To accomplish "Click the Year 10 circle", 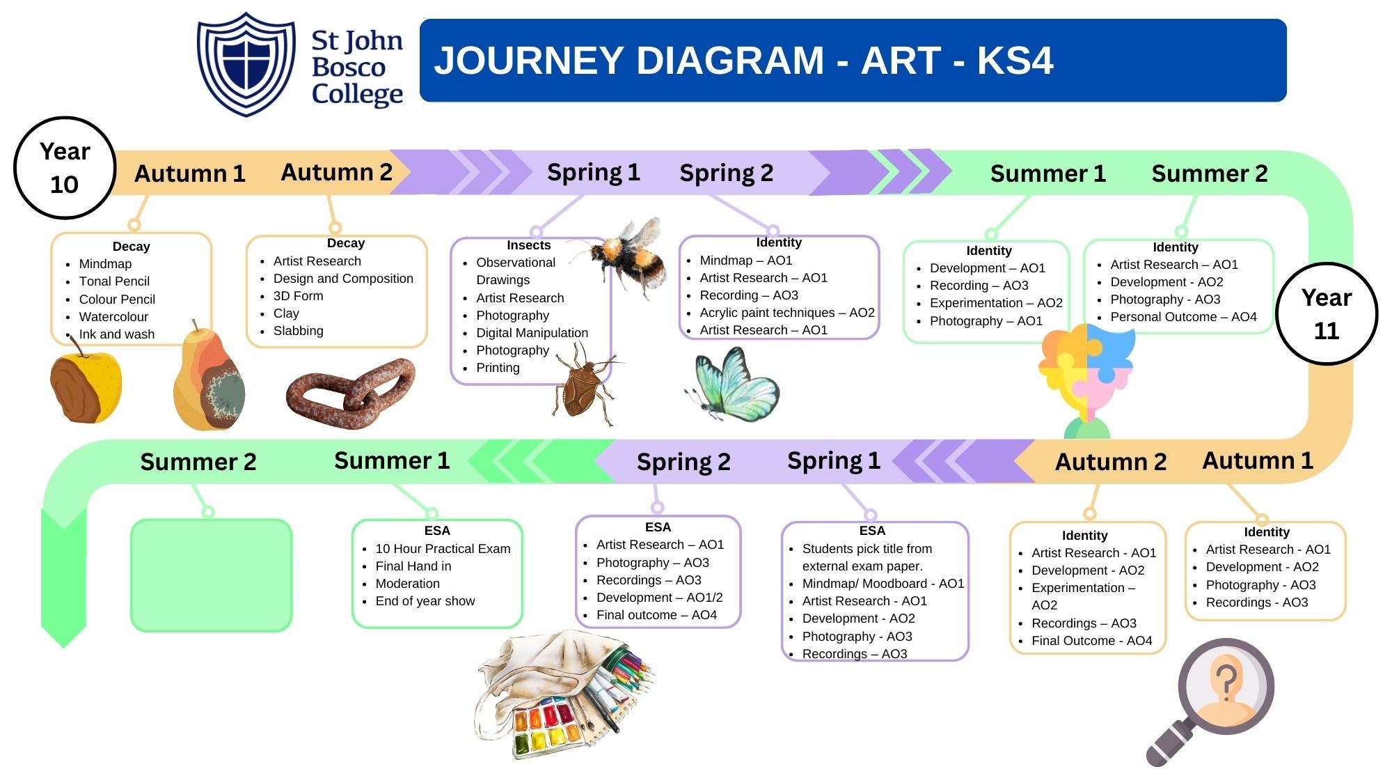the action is coord(65,168).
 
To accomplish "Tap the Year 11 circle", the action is coord(1327,313).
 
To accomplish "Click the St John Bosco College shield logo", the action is coord(246,63).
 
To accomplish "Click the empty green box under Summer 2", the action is coord(211,575).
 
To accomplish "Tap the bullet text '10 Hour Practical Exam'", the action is coord(443,549).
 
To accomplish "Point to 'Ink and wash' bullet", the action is coord(117,334).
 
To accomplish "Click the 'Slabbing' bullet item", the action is coord(298,331).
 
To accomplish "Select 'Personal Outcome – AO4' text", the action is coord(1183,317).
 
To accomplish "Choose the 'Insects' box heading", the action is coord(528,245).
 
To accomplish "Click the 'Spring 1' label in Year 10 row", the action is coord(593,172).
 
